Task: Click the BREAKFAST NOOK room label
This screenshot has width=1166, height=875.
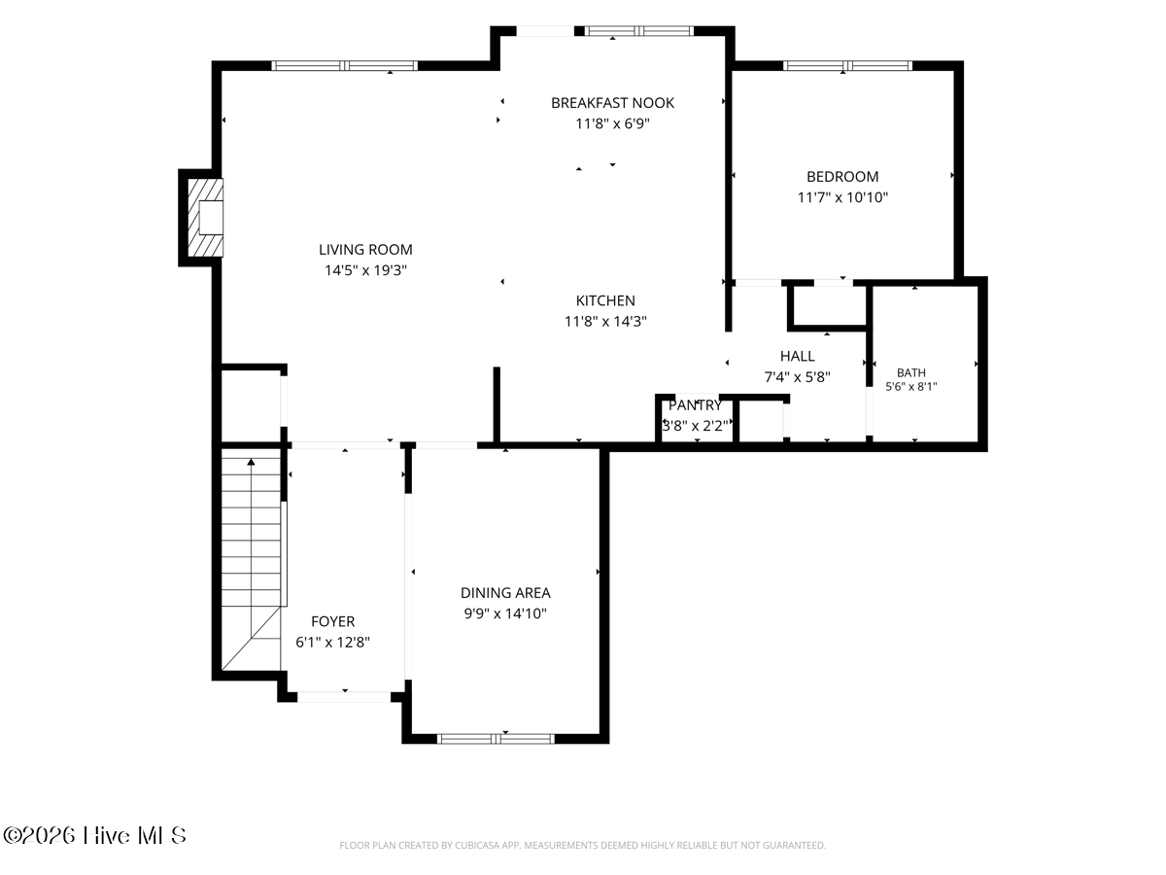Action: (x=612, y=102)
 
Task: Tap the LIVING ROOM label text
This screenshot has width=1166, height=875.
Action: (x=365, y=249)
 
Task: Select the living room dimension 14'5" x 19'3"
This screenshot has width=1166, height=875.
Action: (x=365, y=270)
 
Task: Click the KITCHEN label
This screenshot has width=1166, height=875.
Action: (x=605, y=300)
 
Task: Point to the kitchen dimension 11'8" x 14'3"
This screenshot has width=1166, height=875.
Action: (x=605, y=321)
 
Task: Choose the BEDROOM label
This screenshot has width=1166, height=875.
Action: (x=842, y=176)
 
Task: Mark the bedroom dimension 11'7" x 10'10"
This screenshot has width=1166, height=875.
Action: (x=842, y=197)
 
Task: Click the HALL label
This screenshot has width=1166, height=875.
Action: (x=797, y=356)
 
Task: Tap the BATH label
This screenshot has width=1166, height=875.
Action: (x=911, y=372)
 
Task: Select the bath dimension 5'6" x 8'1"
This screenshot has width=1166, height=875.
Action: (x=911, y=386)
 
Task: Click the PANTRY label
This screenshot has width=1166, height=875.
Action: (x=695, y=405)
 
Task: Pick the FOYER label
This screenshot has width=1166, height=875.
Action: (x=332, y=621)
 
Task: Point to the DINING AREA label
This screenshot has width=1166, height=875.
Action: (x=505, y=592)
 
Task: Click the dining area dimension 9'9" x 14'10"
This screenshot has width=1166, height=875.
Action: (x=505, y=613)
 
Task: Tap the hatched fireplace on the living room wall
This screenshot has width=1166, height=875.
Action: (x=206, y=217)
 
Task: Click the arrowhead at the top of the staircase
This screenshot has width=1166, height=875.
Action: (x=251, y=462)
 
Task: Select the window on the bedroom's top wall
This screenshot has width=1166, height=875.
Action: (x=847, y=66)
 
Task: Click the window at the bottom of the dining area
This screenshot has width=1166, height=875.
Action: (x=496, y=739)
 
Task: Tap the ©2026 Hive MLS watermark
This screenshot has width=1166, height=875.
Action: (x=94, y=835)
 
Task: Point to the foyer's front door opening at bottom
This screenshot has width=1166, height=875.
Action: (x=344, y=696)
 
